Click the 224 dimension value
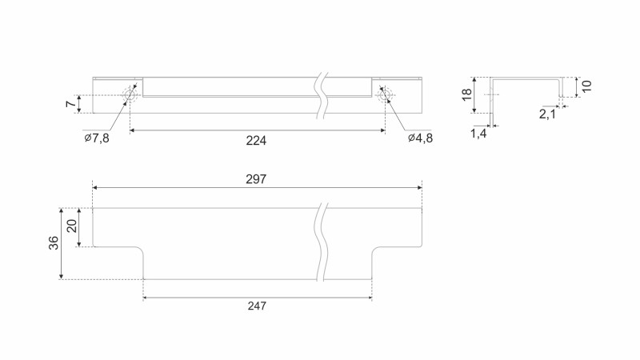[x=256, y=141]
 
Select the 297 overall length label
[x=256, y=179]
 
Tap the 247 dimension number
[x=257, y=306]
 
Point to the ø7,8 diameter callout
[x=97, y=138]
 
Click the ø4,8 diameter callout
[x=421, y=138]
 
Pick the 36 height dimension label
[x=54, y=243]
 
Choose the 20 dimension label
[x=72, y=226]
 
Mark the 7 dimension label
[x=70, y=104]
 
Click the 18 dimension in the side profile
[x=466, y=94]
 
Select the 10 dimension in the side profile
[x=586, y=86]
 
